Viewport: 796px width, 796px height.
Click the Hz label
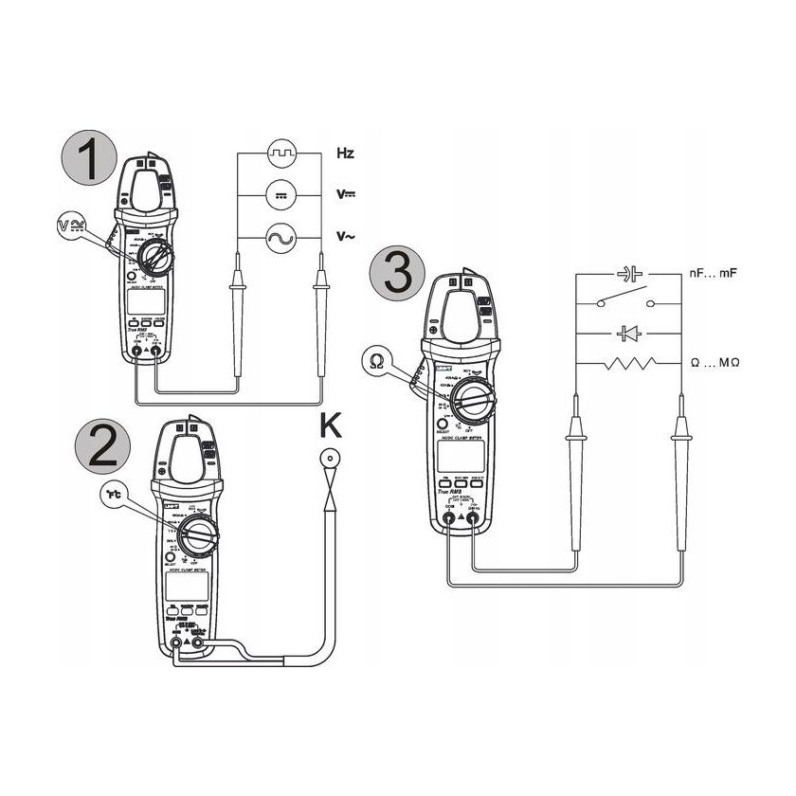click(x=345, y=152)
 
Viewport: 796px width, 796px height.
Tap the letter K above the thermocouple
click(x=330, y=425)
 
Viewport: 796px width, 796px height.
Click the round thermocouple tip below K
click(x=330, y=461)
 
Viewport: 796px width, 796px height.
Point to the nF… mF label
click(x=712, y=274)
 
